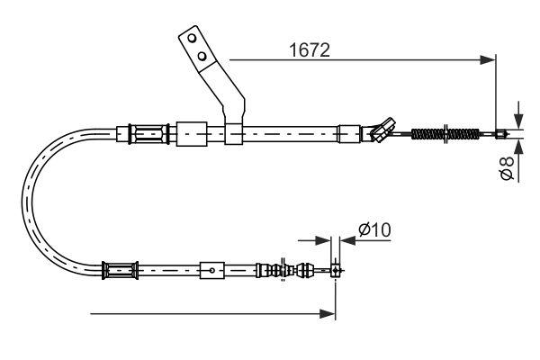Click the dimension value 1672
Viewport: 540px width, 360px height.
305,50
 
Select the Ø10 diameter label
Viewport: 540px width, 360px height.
373,229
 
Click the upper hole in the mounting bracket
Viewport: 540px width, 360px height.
191,40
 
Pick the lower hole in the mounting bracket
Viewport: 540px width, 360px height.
203,57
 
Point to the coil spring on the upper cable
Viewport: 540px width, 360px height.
446,135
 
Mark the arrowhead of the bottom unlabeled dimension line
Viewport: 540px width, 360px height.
329,313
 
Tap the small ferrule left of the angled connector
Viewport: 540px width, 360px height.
347,135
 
